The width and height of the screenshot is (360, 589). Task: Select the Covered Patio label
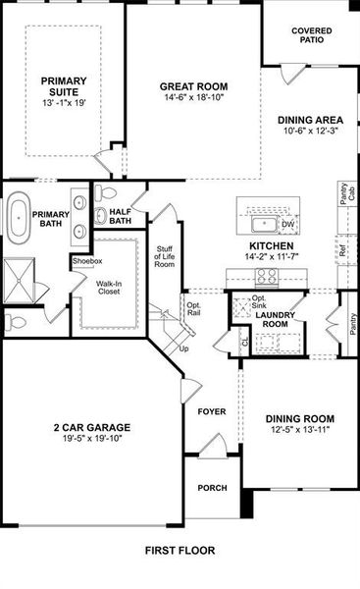tap(312, 36)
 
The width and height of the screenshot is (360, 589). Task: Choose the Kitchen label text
tap(272, 245)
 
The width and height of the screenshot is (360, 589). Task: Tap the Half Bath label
tap(121, 216)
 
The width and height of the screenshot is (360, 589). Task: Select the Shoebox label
tap(86, 261)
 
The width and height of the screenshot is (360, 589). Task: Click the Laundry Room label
tap(274, 318)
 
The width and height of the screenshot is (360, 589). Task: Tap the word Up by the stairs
tap(182, 348)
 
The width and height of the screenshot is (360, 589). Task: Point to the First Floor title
tap(180, 551)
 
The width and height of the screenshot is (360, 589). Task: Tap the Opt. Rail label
tap(193, 309)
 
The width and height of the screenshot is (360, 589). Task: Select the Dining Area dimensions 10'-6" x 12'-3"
tap(311, 132)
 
